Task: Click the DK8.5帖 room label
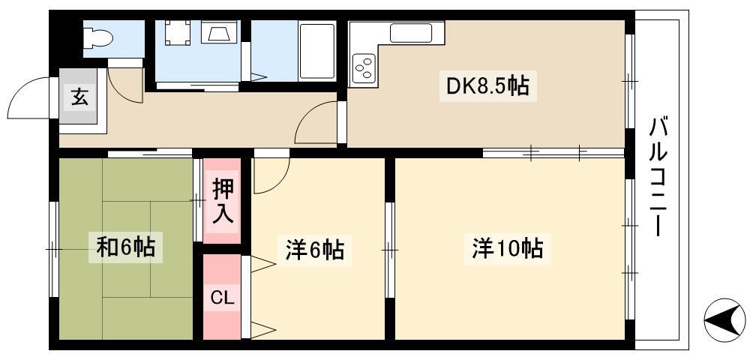(487, 86)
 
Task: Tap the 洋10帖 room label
(507, 249)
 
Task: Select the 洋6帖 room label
(314, 250)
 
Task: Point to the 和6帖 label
(125, 247)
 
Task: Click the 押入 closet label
(222, 202)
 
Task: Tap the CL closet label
(222, 298)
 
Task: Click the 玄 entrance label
(80, 98)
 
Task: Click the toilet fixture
(98, 37)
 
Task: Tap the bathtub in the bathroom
(316, 50)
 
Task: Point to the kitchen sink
(411, 33)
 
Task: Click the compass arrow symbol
(724, 319)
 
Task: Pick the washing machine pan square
(178, 33)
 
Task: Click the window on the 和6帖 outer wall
(54, 249)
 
